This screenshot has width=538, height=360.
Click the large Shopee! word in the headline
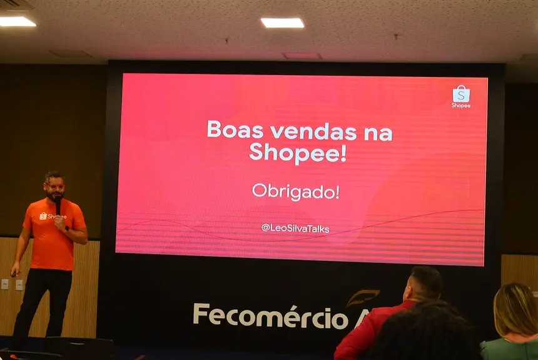tap(297, 152)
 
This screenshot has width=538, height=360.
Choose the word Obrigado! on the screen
tap(295, 192)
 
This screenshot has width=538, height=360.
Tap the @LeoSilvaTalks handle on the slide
tap(295, 228)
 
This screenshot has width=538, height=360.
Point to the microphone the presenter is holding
tap(58, 206)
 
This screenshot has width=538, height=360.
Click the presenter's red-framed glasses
tap(54, 186)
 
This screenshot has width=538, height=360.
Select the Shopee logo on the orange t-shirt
tap(53, 216)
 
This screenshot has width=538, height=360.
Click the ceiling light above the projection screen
tap(282, 23)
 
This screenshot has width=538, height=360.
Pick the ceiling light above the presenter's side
tap(17, 21)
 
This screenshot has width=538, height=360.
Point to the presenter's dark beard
tap(56, 196)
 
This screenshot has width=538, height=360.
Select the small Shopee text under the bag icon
tap(461, 105)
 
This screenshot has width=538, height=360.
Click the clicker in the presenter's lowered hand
tap(13, 273)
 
